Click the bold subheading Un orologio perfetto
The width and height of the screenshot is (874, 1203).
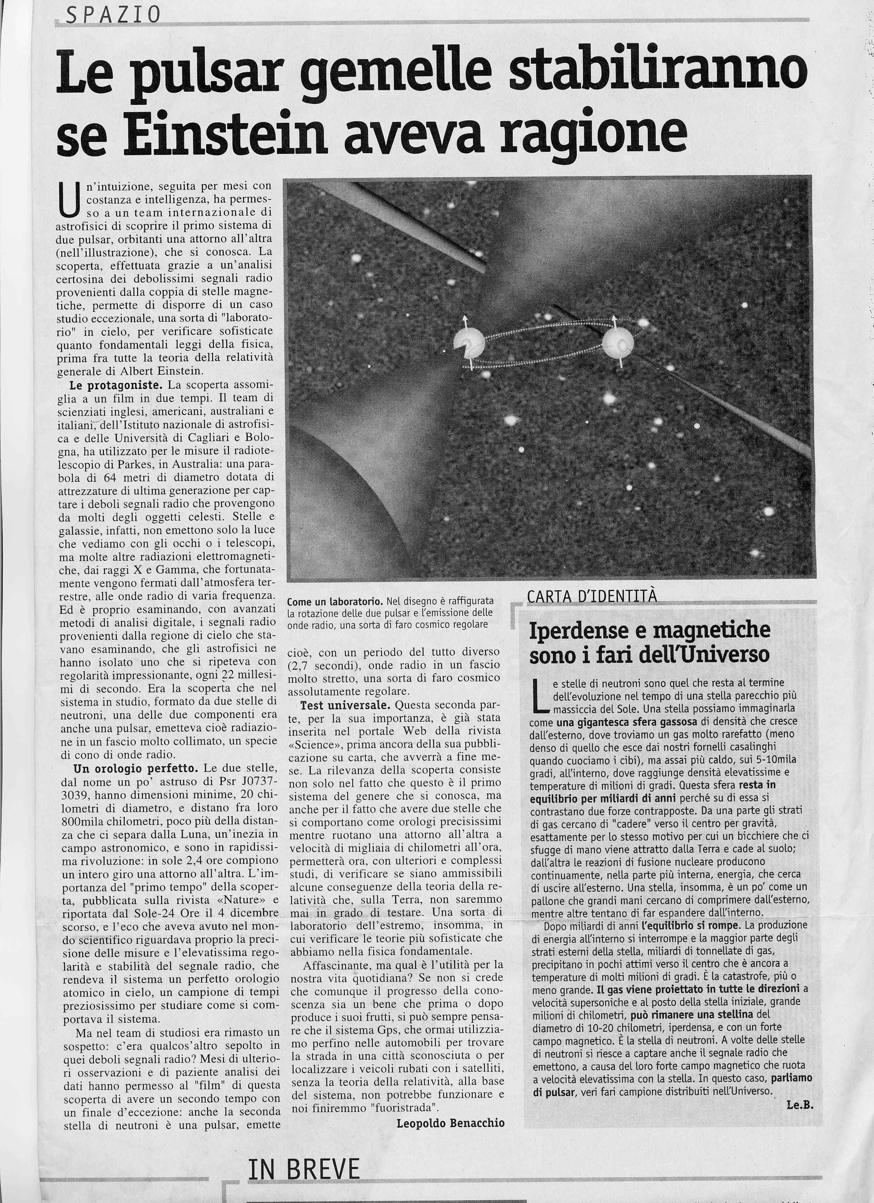pos(135,768)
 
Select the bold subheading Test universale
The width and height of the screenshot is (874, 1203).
pos(345,705)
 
